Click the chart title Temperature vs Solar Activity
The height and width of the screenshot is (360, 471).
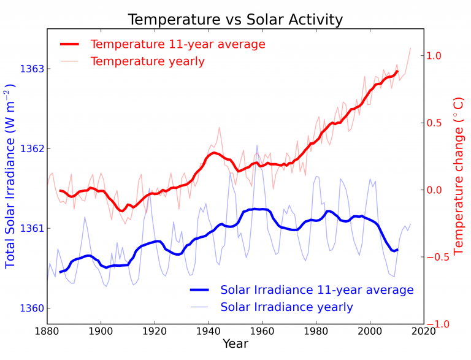pos(235,20)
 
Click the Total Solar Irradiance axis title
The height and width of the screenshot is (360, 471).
pos(10,178)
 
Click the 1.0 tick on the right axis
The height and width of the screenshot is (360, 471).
pos(434,56)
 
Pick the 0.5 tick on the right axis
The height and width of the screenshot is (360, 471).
pos(434,123)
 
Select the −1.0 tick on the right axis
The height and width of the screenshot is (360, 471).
pos(432,324)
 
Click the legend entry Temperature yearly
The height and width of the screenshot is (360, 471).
pos(147,61)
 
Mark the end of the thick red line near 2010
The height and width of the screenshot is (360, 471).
pos(397,71)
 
